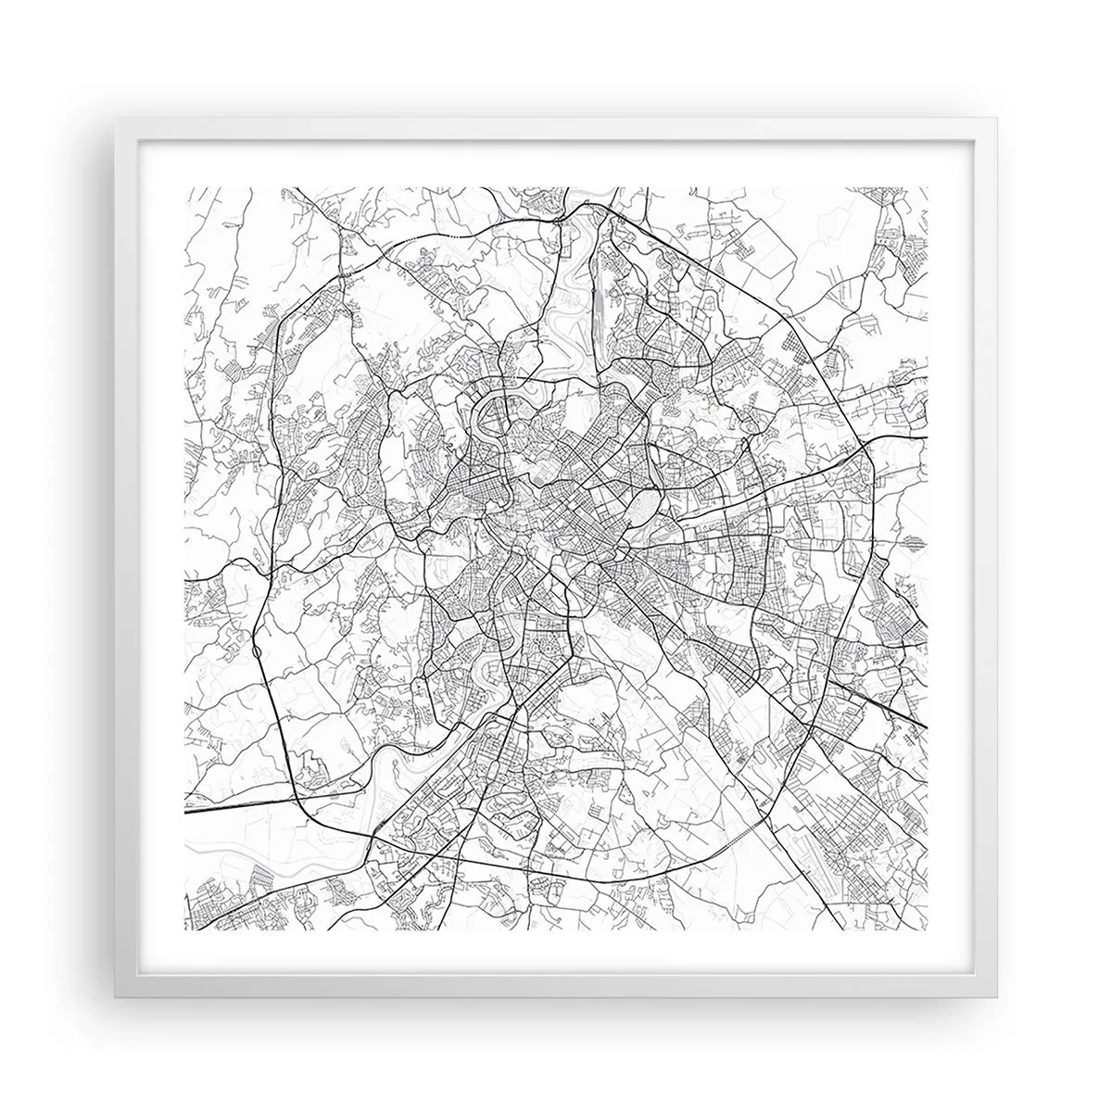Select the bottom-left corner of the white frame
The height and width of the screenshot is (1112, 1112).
coord(114,998)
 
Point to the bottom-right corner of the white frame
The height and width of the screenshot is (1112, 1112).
coord(998,998)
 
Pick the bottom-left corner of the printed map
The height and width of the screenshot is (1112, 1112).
coord(185,932)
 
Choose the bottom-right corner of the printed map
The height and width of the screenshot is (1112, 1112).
coord(928,932)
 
